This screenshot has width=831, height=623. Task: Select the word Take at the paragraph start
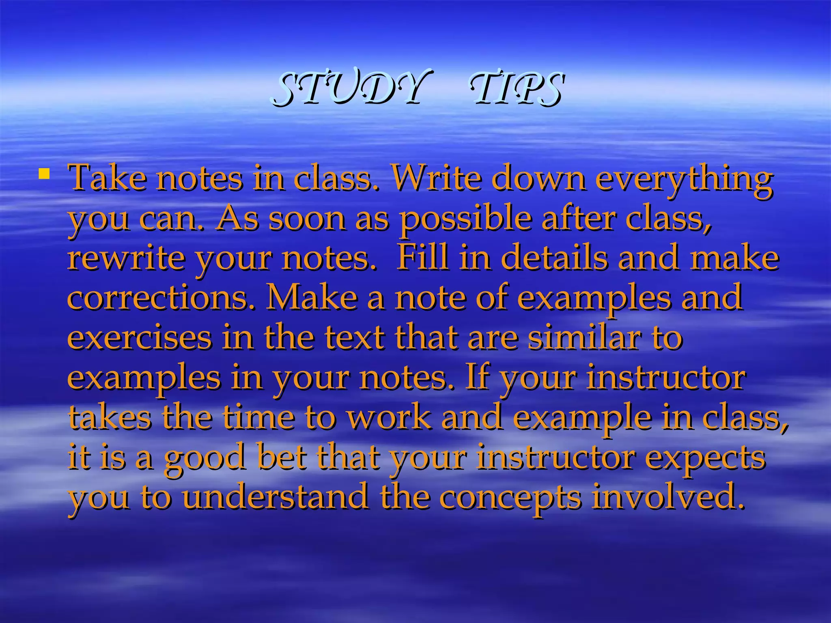(x=108, y=178)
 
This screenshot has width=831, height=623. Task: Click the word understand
(x=276, y=497)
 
